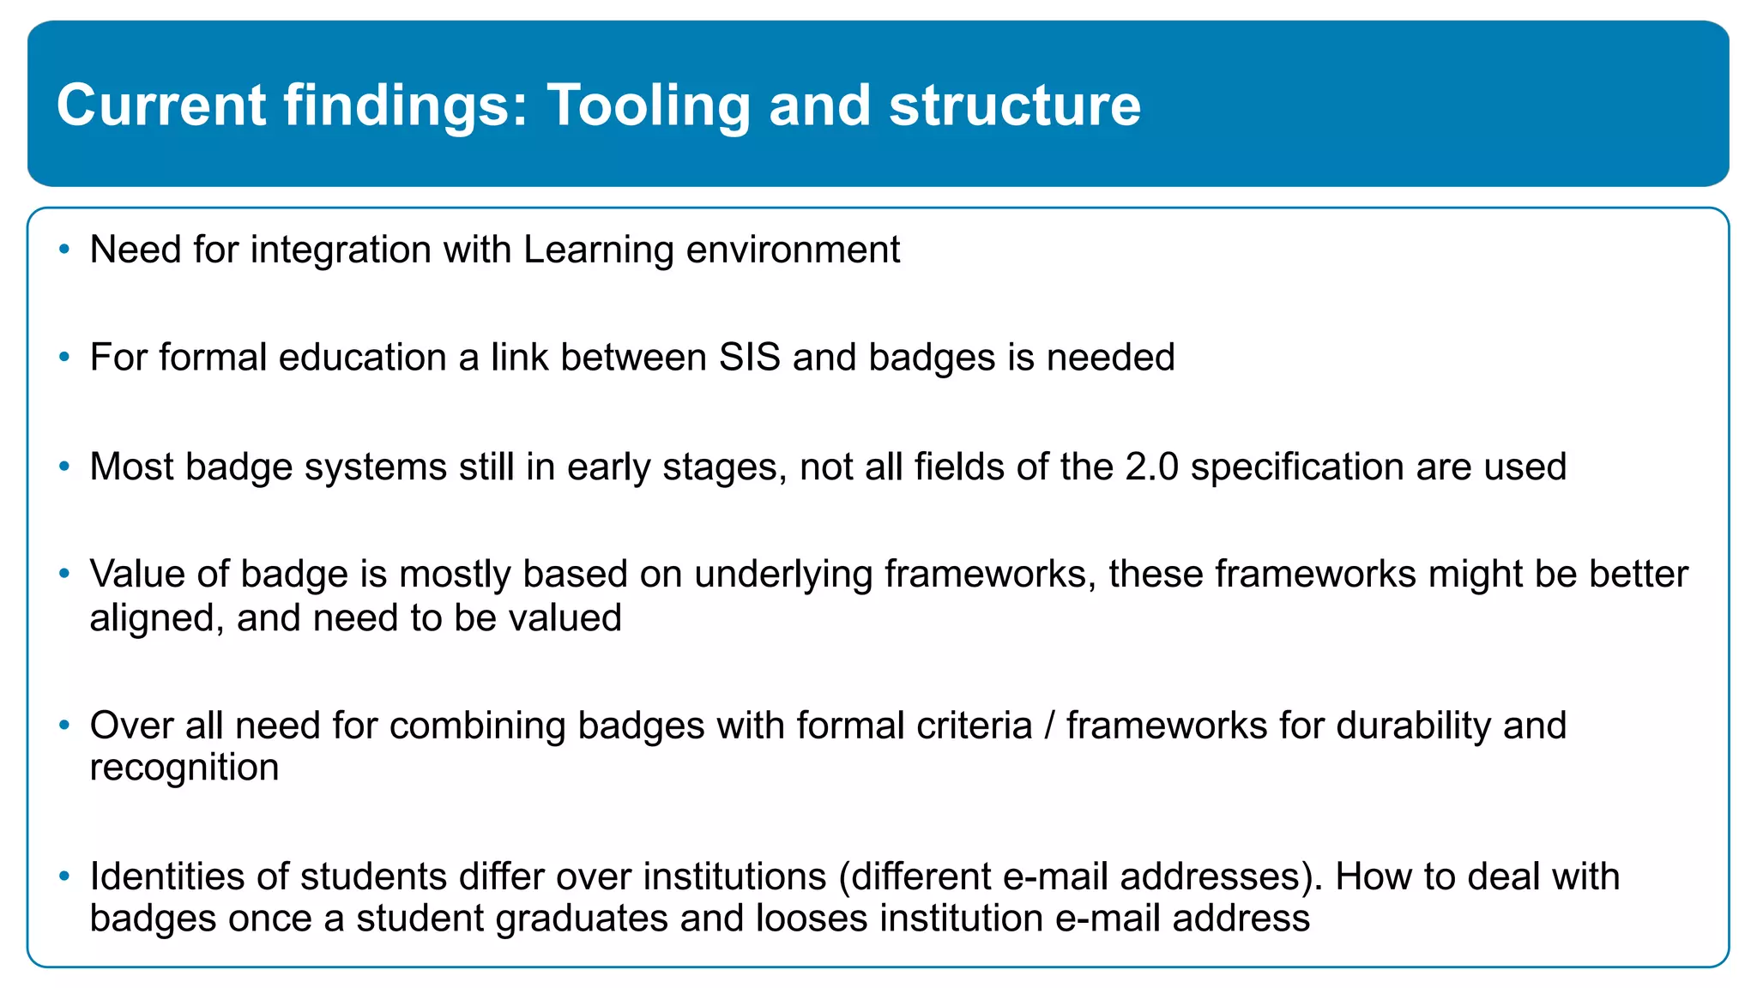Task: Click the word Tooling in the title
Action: pyautogui.click(x=649, y=106)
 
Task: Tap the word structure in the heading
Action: pyautogui.click(x=1015, y=106)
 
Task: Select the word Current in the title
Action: pyautogui.click(x=161, y=106)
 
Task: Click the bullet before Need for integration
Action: pyautogui.click(x=63, y=250)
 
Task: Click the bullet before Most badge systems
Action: pyautogui.click(x=63, y=467)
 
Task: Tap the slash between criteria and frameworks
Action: pyautogui.click(x=1048, y=726)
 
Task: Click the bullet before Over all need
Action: pyautogui.click(x=63, y=725)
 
